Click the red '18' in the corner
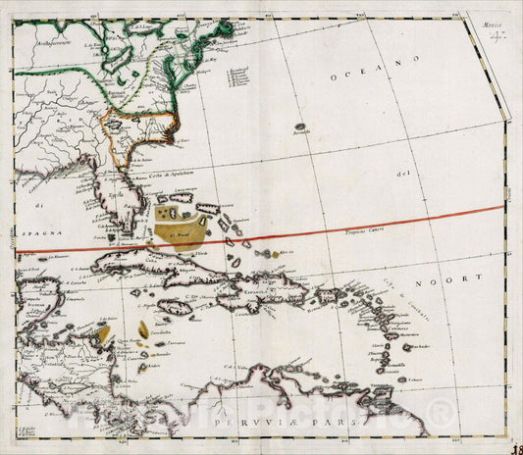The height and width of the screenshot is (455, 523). click(513, 444)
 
